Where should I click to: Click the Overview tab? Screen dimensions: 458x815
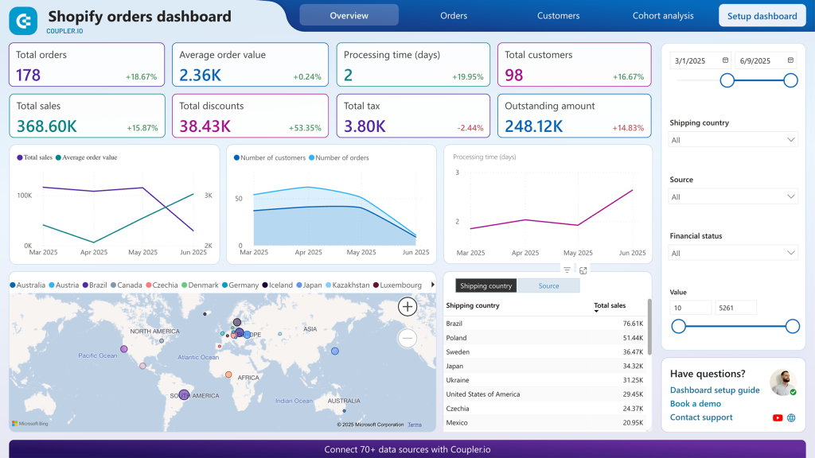pyautogui.click(x=349, y=15)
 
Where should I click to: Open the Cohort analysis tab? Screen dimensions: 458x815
pyautogui.click(x=662, y=15)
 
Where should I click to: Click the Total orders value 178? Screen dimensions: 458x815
pyautogui.click(x=29, y=76)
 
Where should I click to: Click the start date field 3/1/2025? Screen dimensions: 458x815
pyautogui.click(x=690, y=60)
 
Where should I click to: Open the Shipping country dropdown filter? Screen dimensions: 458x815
pyautogui.click(x=733, y=140)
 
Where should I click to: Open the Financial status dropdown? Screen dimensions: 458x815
pyautogui.click(x=733, y=253)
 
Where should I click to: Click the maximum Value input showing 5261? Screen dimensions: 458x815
pyautogui.click(x=735, y=308)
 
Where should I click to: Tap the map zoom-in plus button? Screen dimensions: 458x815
pyautogui.click(x=407, y=306)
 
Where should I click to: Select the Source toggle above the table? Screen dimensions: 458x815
pyautogui.click(x=548, y=285)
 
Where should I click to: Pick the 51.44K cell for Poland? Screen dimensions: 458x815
pyautogui.click(x=633, y=338)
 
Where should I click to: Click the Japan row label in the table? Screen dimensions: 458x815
pyautogui.click(x=455, y=366)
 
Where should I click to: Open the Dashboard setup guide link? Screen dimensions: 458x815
pyautogui.click(x=714, y=390)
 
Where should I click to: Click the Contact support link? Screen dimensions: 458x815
pyautogui.click(x=701, y=417)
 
